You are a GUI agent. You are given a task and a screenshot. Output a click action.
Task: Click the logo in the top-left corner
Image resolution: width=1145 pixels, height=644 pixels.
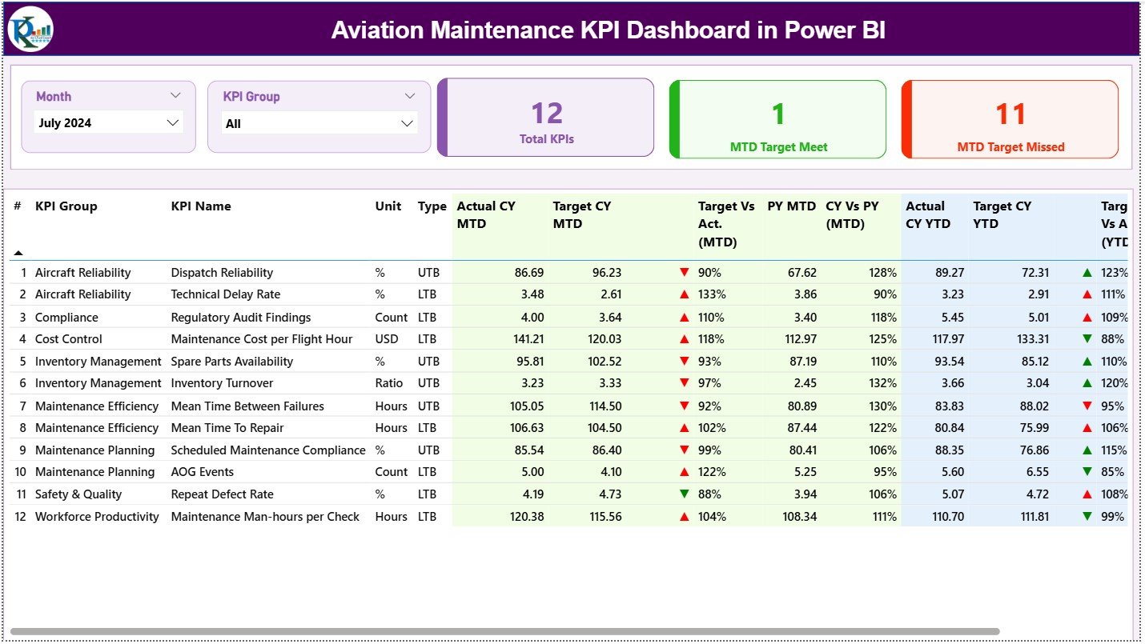point(30,30)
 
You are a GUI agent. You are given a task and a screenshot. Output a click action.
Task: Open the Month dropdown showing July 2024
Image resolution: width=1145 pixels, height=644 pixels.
point(109,122)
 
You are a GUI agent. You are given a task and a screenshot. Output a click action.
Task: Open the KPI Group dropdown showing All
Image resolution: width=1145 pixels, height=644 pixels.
point(318,123)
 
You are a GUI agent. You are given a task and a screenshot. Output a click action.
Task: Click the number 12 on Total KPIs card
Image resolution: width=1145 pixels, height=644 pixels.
point(547,114)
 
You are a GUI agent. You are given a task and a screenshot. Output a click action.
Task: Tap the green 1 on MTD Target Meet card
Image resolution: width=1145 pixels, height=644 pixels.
point(778,114)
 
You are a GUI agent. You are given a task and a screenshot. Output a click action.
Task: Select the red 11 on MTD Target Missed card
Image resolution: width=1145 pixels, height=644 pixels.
point(1010,114)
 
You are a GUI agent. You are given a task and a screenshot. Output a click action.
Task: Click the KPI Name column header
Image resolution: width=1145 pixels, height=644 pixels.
point(201,206)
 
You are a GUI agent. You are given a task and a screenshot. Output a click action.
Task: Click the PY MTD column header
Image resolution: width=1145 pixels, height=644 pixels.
point(791,206)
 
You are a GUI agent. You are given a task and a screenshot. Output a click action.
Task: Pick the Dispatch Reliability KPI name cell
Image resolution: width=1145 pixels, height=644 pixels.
point(222,273)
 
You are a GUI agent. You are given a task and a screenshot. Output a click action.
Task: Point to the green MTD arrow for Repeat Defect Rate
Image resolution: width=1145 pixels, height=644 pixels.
point(684,494)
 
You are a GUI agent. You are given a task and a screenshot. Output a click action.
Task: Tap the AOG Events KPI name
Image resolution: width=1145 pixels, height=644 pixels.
point(202,472)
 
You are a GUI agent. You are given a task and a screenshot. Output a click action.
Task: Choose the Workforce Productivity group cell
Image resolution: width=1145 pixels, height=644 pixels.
point(97,517)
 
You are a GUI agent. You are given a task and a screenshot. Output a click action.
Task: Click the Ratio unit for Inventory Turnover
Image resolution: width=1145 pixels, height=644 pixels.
point(389,383)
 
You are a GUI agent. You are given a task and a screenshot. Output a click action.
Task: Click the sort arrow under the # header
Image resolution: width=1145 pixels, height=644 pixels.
point(18,253)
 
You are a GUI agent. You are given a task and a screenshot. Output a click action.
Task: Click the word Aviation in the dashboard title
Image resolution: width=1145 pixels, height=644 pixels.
point(376,30)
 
